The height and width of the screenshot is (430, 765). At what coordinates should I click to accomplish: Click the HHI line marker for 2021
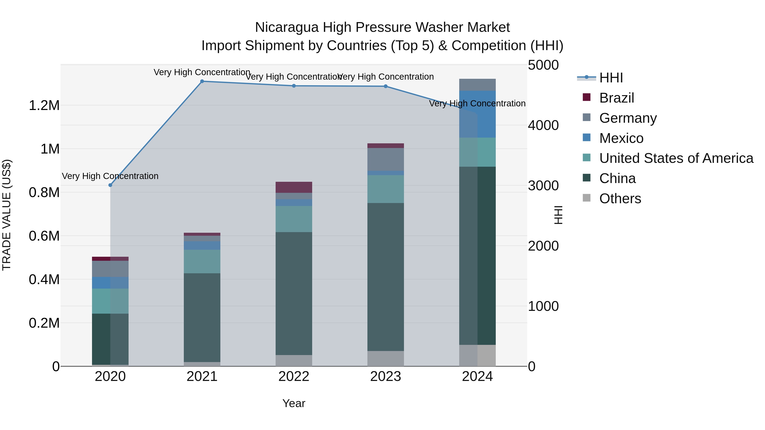(202, 81)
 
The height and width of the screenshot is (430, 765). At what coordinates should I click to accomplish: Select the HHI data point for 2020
(110, 185)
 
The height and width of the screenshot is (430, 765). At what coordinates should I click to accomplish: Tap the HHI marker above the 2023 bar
(385, 86)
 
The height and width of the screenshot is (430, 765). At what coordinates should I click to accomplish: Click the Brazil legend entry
(616, 98)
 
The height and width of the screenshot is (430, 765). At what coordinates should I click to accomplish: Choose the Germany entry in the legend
(628, 118)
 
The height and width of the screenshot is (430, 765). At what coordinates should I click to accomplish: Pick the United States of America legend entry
(676, 158)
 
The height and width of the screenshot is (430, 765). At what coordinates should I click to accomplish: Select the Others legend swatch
(586, 198)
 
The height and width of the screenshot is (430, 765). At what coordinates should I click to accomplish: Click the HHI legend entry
(611, 78)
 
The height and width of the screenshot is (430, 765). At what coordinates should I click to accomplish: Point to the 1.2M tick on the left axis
(44, 106)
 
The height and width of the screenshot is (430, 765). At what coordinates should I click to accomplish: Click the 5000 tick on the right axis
(543, 65)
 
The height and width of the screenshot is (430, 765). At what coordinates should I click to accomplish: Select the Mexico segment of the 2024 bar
(477, 114)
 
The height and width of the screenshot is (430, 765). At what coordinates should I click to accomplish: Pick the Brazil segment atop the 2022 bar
(294, 187)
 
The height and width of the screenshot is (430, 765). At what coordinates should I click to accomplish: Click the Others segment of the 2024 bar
(477, 355)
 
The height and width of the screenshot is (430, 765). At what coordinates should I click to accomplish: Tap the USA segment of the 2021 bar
(202, 261)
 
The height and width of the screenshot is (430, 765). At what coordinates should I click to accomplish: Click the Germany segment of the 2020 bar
(110, 269)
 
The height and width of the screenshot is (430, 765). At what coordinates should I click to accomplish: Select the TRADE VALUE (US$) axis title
(7, 215)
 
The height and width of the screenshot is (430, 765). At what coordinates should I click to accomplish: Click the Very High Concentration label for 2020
(110, 176)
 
